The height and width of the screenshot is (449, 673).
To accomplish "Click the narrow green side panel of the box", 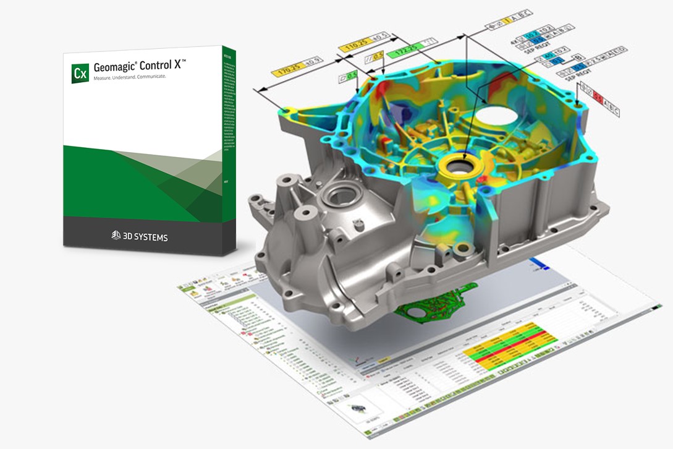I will [229, 148].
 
